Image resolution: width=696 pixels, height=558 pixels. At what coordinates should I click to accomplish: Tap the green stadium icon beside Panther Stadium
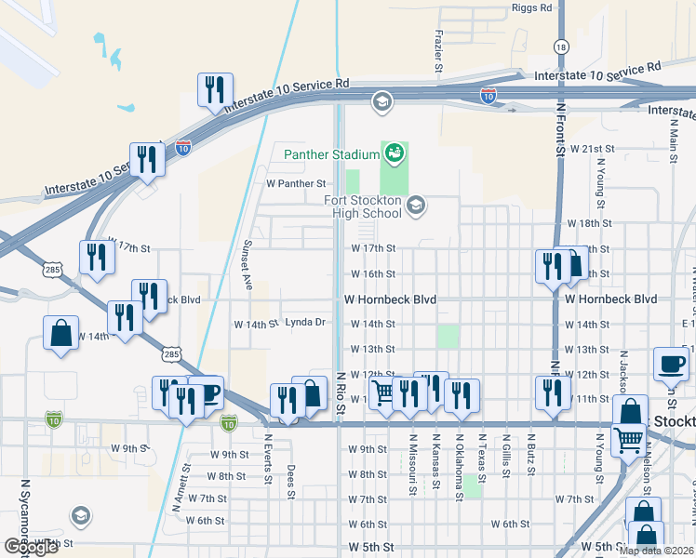pos(395,152)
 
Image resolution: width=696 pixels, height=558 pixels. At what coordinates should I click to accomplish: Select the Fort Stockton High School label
pos(362,206)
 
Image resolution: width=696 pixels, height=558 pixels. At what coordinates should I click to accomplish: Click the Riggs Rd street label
pos(531,7)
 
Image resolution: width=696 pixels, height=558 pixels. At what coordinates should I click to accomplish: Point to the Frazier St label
pos(437,50)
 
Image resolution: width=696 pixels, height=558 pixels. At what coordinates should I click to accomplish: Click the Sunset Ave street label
pos(248,264)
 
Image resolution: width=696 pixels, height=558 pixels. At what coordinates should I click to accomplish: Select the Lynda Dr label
pos(304,323)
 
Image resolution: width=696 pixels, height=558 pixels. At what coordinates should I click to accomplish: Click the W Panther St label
pos(295,184)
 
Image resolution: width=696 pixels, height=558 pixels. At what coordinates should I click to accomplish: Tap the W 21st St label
pos(593,149)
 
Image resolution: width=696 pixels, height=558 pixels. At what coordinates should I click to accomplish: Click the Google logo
pos(31,547)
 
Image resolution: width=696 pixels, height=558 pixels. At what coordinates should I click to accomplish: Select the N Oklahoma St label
pos(459,477)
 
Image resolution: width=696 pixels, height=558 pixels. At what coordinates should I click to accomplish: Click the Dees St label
pos(290,481)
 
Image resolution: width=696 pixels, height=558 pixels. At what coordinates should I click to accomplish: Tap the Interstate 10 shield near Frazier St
pos(489,96)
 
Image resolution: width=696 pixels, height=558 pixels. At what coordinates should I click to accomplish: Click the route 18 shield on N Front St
pos(560,46)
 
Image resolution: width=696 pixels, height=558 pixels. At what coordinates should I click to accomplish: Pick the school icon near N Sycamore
pos(80,515)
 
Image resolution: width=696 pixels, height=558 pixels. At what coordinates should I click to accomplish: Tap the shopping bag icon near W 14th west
pos(60,334)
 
